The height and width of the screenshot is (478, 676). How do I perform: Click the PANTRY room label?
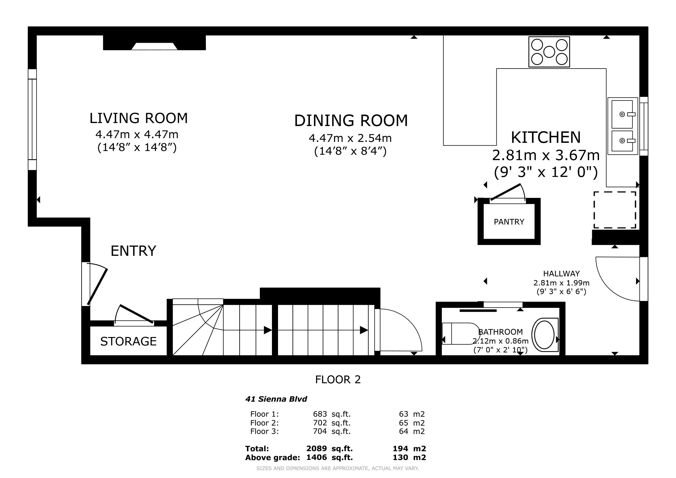(x=509, y=222)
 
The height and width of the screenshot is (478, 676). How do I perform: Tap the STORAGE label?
(x=128, y=341)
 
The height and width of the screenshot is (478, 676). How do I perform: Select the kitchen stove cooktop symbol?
(x=549, y=52)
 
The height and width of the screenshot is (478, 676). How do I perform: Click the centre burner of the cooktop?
(x=549, y=52)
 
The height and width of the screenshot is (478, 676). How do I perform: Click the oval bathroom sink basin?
(x=544, y=335)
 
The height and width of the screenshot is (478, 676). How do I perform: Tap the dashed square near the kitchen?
(x=615, y=210)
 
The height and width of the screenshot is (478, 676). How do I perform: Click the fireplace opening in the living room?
(x=154, y=46)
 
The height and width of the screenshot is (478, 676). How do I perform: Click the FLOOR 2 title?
(x=338, y=380)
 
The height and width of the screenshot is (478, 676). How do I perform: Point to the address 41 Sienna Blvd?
(x=276, y=399)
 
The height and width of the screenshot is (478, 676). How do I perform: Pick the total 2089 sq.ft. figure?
(x=329, y=449)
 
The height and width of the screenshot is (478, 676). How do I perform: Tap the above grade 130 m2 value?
(x=409, y=457)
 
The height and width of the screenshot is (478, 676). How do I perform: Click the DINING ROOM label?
(x=351, y=121)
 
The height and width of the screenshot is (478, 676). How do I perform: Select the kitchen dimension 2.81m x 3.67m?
(x=546, y=155)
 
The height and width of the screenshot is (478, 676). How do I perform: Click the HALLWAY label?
(x=561, y=274)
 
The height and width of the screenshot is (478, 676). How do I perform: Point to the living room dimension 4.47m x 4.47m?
(x=137, y=134)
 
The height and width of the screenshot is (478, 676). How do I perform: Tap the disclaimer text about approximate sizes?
(x=337, y=468)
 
